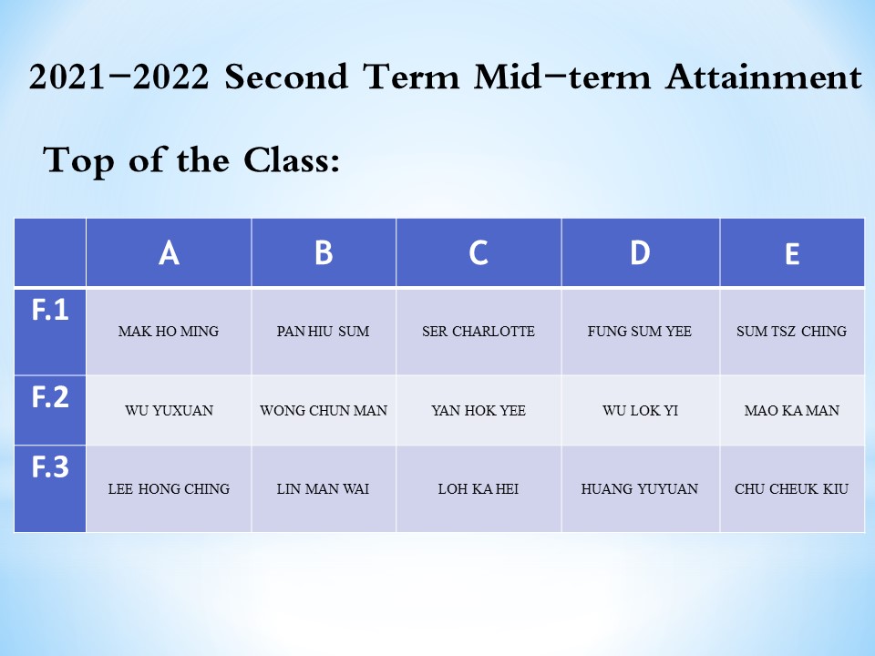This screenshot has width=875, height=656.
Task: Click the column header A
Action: pyautogui.click(x=169, y=252)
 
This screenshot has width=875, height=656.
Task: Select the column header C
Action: pyautogui.click(x=479, y=252)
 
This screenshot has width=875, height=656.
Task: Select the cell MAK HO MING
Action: pyautogui.click(x=169, y=332)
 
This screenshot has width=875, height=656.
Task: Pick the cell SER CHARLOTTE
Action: pyautogui.click(x=479, y=332)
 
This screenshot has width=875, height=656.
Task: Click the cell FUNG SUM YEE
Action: pyautogui.click(x=640, y=332)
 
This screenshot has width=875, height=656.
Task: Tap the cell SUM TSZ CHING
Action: pyautogui.click(x=792, y=332)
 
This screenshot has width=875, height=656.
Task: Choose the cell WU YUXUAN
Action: pyautogui.click(x=169, y=411)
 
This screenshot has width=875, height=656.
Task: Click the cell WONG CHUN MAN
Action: pyautogui.click(x=324, y=411)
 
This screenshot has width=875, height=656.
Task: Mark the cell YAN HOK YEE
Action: pyautogui.click(x=479, y=411)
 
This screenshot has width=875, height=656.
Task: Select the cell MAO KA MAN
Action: pyautogui.click(x=792, y=411)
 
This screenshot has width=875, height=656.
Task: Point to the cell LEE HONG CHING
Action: pyautogui.click(x=169, y=488)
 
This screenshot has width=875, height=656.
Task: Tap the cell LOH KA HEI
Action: pyautogui.click(x=479, y=488)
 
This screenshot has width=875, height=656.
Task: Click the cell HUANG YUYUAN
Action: pyautogui.click(x=640, y=488)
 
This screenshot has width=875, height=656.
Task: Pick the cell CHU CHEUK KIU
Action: pyautogui.click(x=792, y=488)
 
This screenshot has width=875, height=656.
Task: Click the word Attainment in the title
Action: pyautogui.click(x=764, y=77)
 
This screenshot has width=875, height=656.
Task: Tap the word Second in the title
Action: pyautogui.click(x=285, y=77)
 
